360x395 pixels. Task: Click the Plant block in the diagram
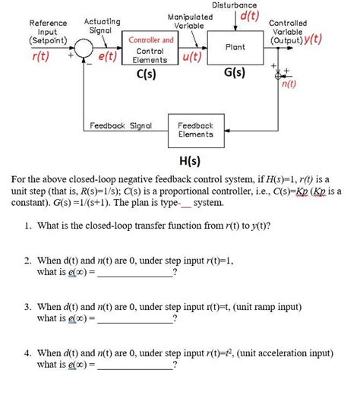coord(235,48)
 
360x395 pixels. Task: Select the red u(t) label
coord(192,57)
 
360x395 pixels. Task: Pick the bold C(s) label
coord(146,75)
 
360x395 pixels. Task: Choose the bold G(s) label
coord(235,75)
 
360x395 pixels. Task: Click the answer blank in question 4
coord(137,367)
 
